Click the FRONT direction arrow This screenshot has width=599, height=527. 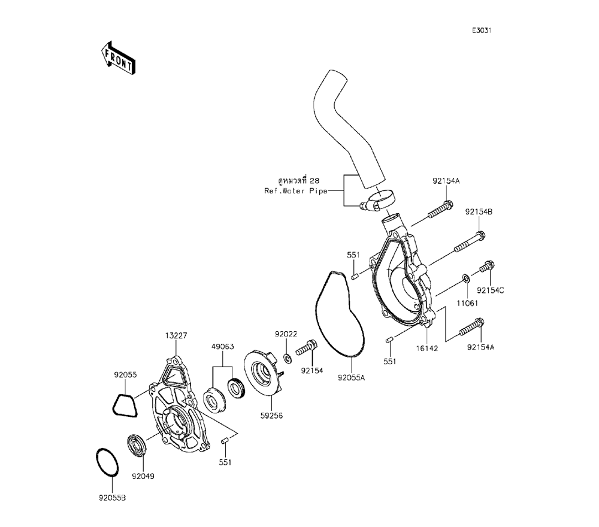pos(118,58)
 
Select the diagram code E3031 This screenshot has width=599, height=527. pos(482,31)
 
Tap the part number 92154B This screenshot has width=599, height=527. pos(479,212)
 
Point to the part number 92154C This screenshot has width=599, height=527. pos(490,290)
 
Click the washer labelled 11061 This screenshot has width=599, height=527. pos(465,278)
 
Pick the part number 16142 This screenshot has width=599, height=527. pos(426,349)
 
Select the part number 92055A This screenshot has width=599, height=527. pos(352,378)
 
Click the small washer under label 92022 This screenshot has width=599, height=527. pos(288,358)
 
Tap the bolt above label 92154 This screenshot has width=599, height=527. pos(307,347)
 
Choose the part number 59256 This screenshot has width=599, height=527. pos(271,416)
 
